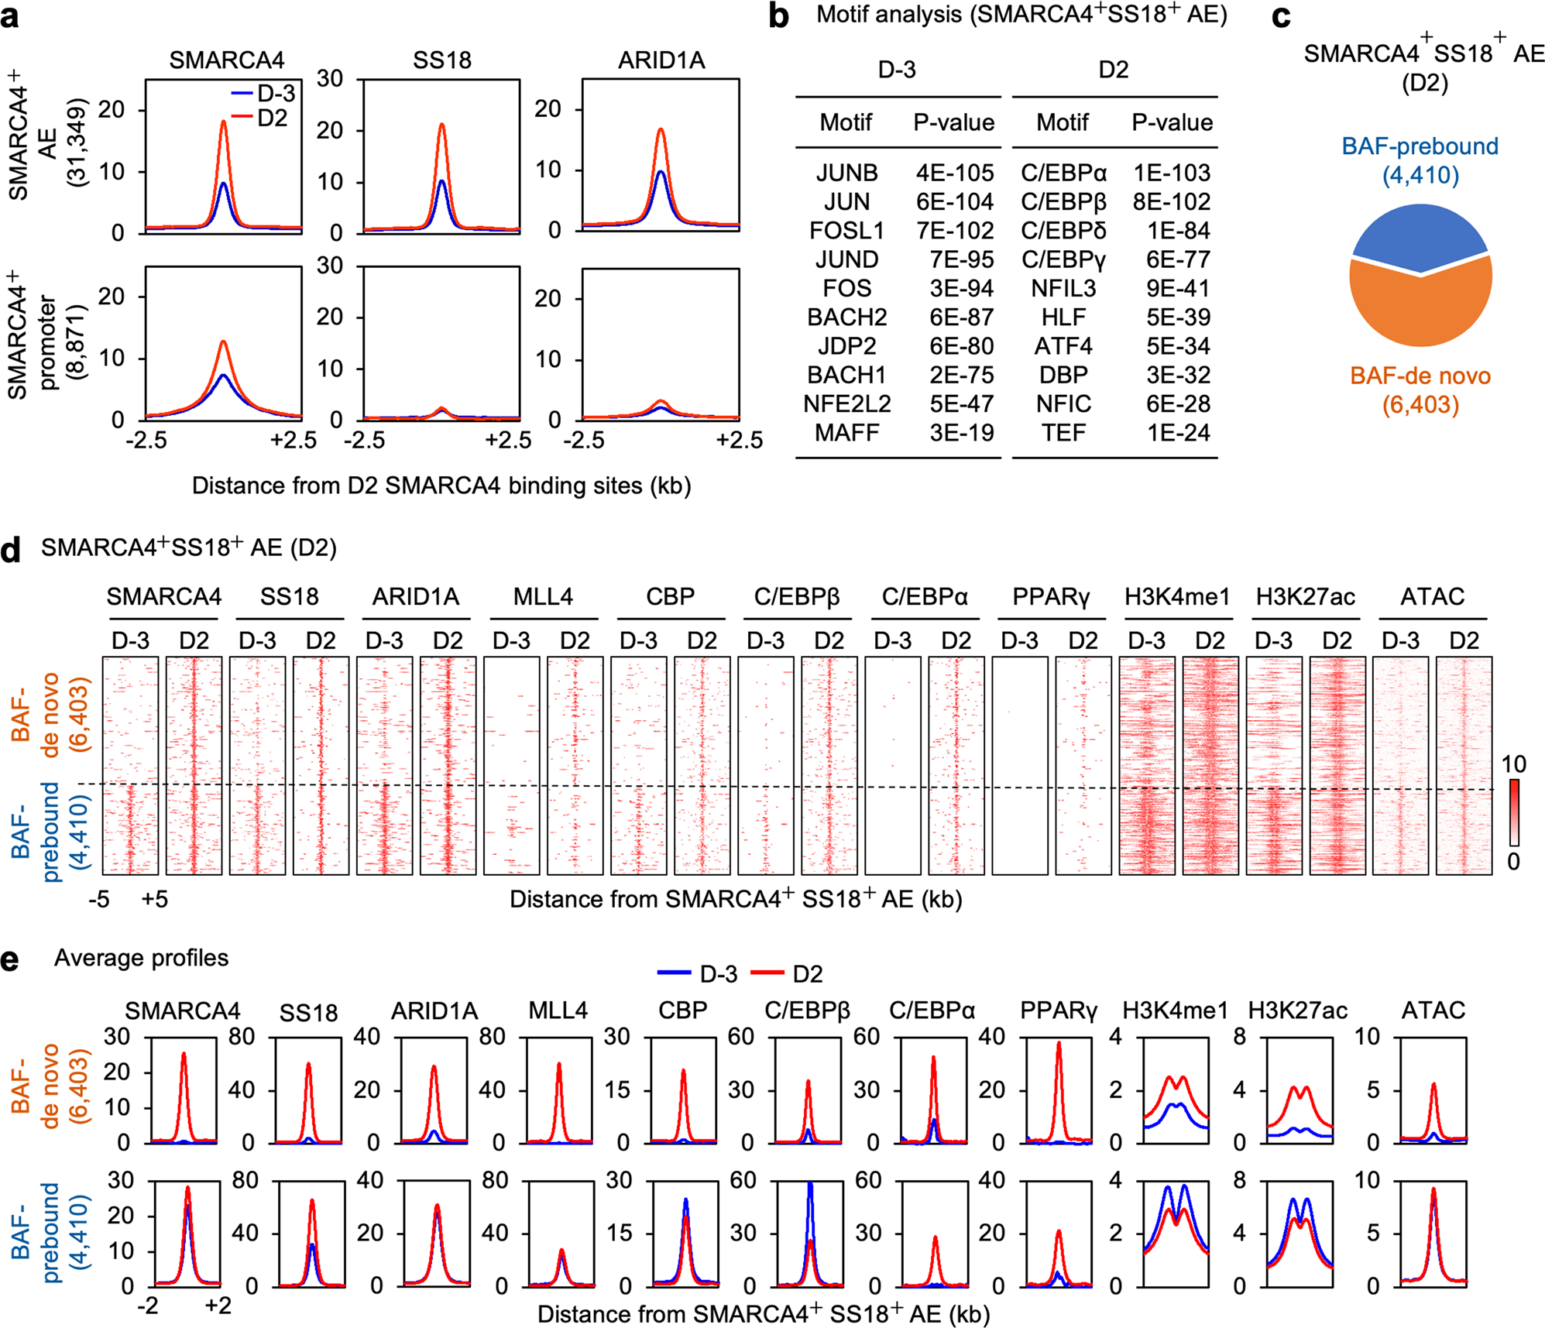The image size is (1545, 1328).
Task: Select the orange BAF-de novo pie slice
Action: click(x=1420, y=310)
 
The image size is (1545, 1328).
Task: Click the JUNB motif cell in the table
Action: click(x=846, y=173)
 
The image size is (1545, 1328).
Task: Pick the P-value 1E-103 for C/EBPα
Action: click(x=1172, y=173)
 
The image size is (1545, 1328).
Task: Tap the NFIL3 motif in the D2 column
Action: click(x=1063, y=289)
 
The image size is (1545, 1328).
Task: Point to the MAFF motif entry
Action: click(x=846, y=433)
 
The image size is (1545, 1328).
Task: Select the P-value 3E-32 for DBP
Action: click(x=1178, y=376)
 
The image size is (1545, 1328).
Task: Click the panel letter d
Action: click(x=11, y=550)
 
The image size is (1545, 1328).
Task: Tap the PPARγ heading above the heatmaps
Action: click(x=1051, y=597)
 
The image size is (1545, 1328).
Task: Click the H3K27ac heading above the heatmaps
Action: click(x=1305, y=597)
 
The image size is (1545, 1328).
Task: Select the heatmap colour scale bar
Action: click(x=1514, y=812)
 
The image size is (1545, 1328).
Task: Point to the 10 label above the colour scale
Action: click(x=1513, y=765)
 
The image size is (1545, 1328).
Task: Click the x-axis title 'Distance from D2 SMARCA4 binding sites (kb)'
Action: click(x=441, y=486)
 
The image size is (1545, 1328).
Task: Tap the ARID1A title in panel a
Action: click(x=661, y=60)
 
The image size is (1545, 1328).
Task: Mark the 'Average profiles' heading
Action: click(x=141, y=959)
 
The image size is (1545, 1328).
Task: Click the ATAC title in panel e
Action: click(x=1433, y=1011)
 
